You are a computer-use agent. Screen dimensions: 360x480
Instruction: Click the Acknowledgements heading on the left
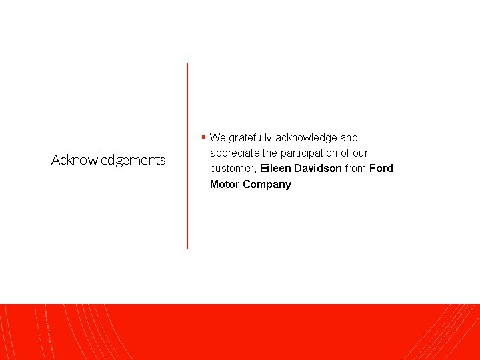coord(109,160)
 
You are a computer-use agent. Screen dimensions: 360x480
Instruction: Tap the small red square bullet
coord(203,137)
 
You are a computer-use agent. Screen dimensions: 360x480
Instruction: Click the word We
coord(217,138)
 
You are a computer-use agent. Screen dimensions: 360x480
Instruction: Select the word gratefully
coord(250,138)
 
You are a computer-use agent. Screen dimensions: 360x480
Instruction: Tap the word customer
coord(232,169)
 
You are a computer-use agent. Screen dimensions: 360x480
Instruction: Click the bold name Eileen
coord(275,169)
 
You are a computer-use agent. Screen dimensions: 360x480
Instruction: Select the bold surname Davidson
coord(317,169)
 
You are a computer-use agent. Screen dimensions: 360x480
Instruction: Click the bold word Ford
coord(381,169)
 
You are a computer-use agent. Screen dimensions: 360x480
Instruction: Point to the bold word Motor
coord(225,184)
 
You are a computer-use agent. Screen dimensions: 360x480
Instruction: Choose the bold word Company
coord(267,184)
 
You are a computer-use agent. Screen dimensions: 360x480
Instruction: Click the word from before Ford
coord(355,169)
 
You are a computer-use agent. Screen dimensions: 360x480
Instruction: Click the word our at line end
coord(359,153)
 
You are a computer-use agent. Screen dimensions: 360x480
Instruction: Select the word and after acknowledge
coord(349,138)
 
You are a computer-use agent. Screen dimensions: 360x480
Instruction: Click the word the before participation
coord(270,153)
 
